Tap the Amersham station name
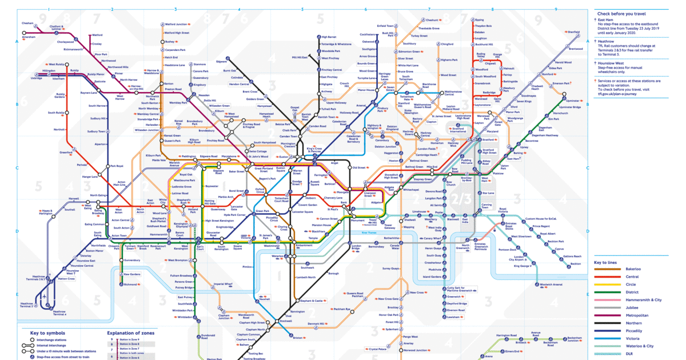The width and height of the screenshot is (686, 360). tap(29, 38)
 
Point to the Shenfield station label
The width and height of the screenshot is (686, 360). tap(573, 33)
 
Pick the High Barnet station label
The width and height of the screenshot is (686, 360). tap(329, 37)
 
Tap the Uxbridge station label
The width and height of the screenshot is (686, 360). tap(37, 78)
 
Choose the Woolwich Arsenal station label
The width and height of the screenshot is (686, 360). tap(551, 284)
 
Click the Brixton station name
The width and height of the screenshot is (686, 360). tap(298, 338)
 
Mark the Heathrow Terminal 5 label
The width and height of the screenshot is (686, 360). tap(27, 303)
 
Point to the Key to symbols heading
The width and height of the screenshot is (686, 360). tap(47, 332)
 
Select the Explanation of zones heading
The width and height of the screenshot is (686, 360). tap(130, 332)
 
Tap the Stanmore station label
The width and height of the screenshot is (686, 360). tap(200, 64)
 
